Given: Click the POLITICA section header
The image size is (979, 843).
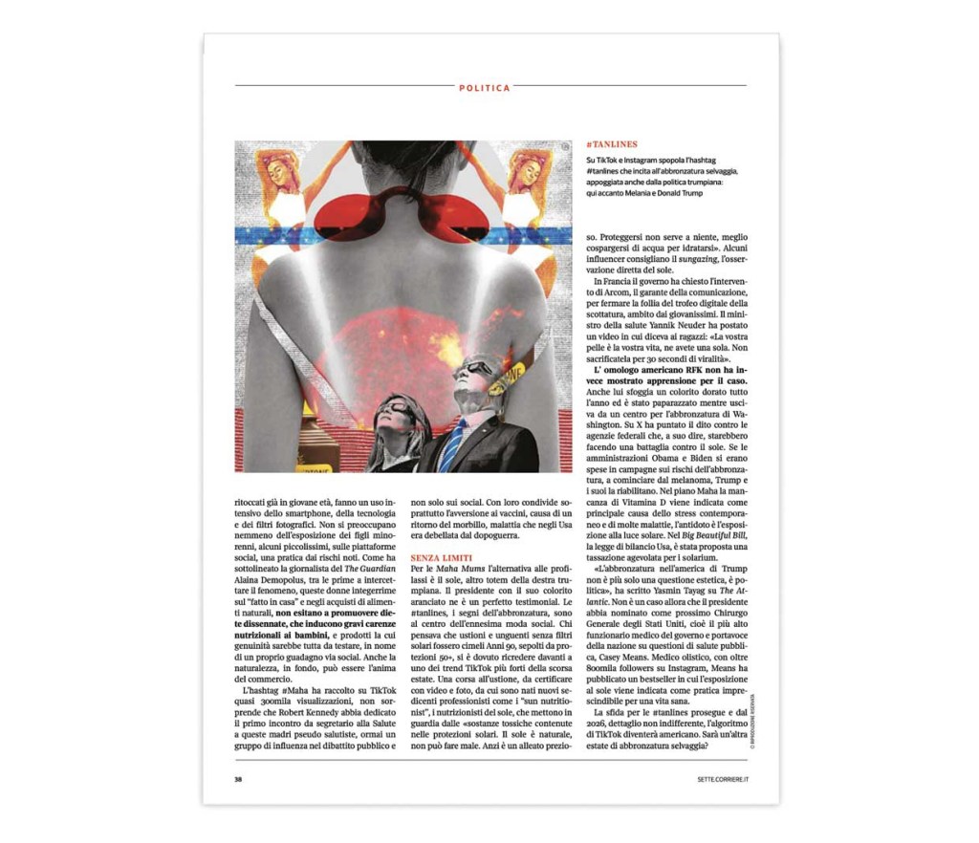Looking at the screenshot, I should (484, 87).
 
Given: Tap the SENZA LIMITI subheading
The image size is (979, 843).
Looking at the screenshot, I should (441, 556).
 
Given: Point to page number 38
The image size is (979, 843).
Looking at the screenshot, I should (239, 779).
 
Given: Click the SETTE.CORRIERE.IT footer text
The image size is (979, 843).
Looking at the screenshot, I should (722, 779).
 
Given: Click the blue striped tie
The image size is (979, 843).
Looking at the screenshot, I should (455, 445).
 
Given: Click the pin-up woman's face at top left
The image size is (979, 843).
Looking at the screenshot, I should (278, 171).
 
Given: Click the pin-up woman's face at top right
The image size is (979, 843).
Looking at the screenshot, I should (530, 171).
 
